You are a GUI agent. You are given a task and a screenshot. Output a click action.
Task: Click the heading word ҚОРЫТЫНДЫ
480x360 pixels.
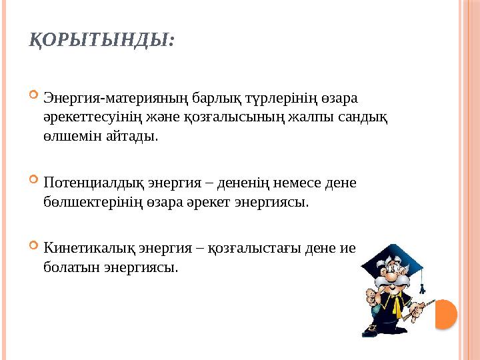pyautogui.click(x=102, y=41)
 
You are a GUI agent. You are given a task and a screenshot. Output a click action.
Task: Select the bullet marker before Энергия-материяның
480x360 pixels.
pyautogui.click(x=35, y=99)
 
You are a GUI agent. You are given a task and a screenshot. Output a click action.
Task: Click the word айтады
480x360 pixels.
pyautogui.click(x=117, y=137)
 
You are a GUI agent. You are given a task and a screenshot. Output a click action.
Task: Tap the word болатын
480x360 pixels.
pyautogui.click(x=67, y=267)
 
